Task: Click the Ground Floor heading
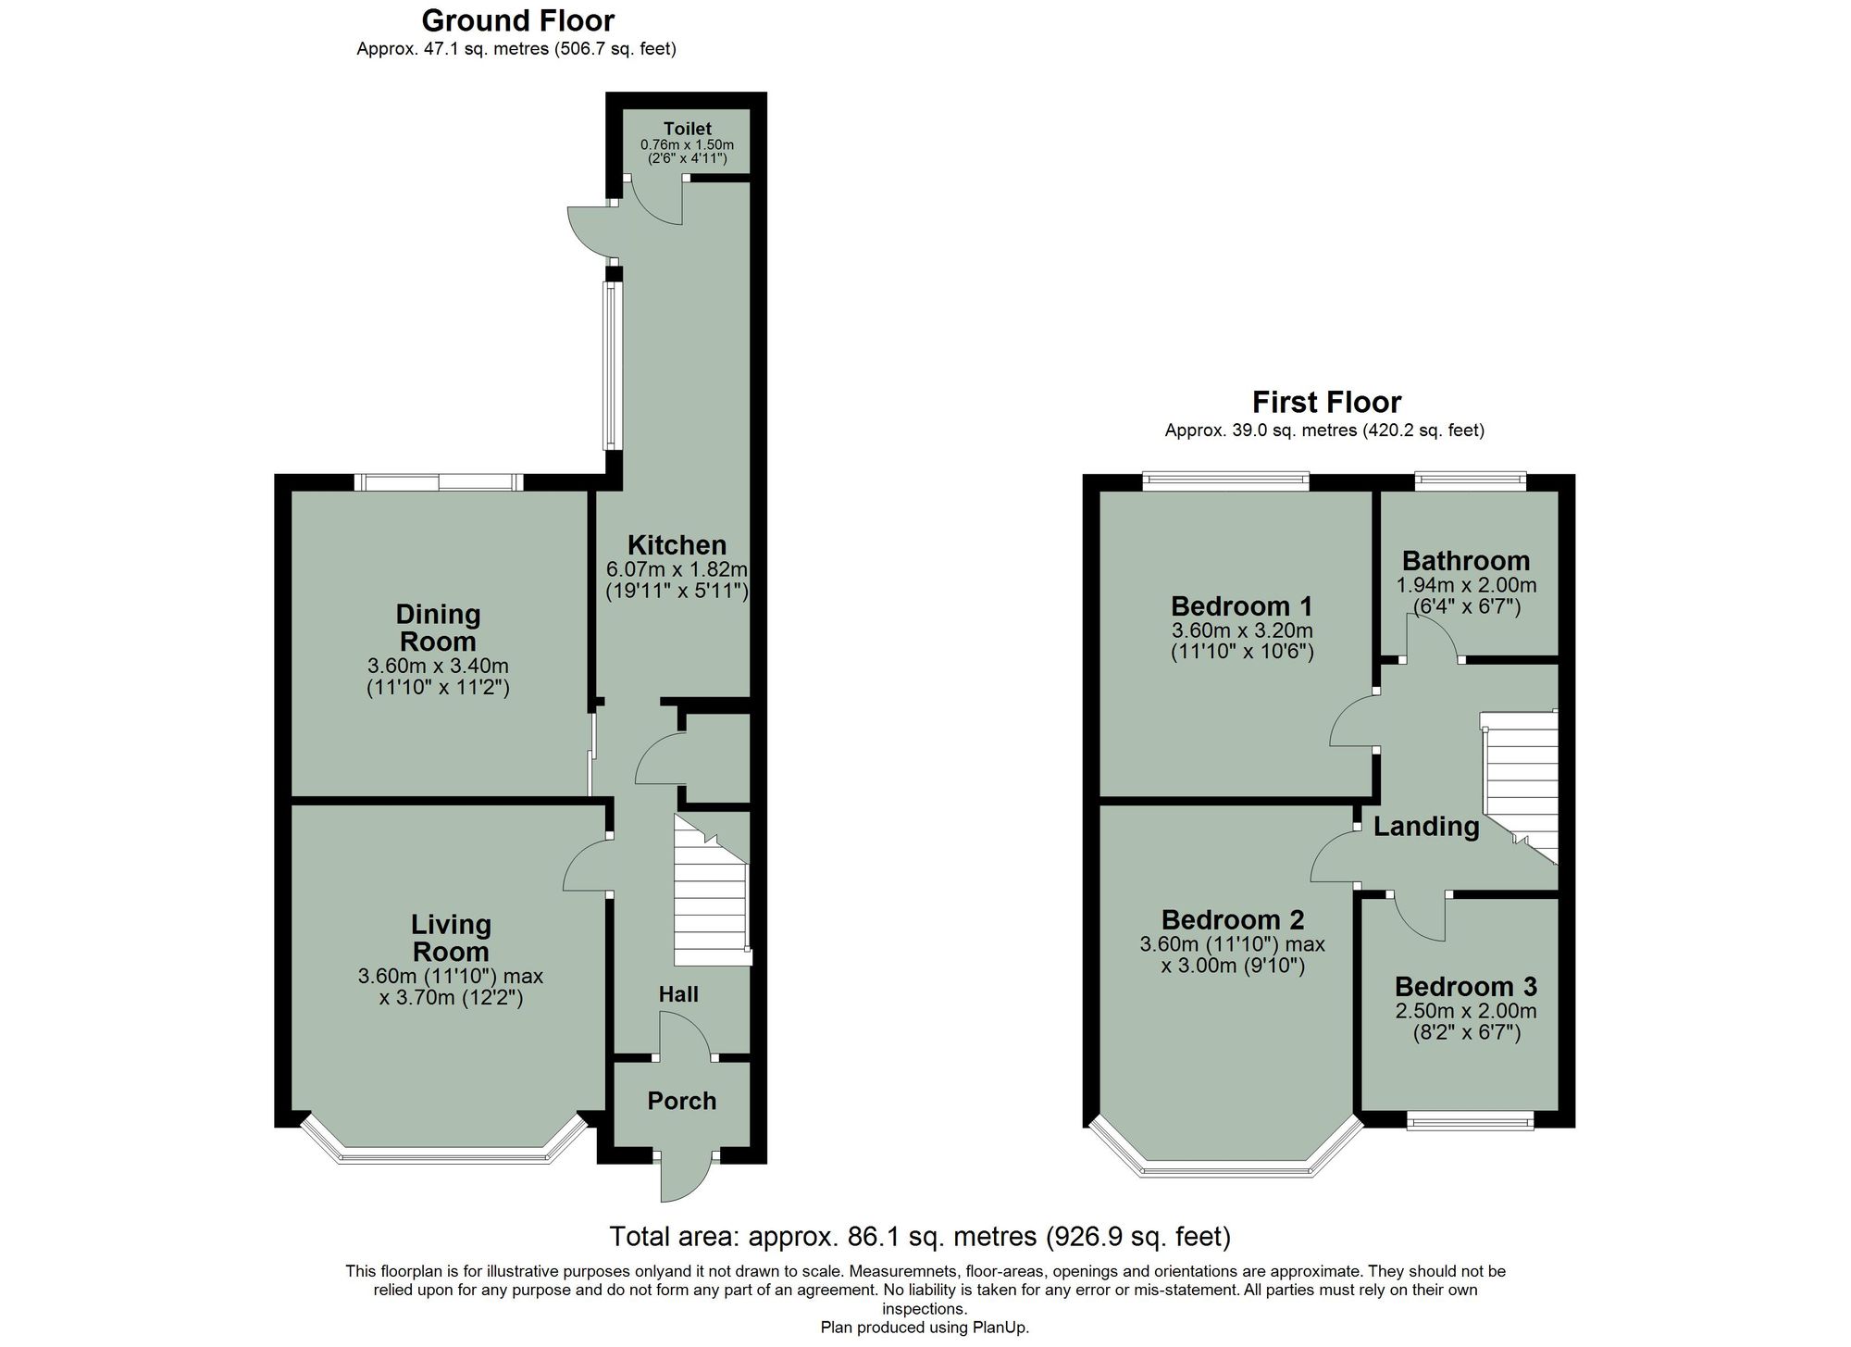tap(517, 20)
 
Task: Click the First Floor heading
tap(1325, 402)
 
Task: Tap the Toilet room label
tap(687, 129)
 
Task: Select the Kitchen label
tap(677, 545)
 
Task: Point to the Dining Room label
tap(438, 628)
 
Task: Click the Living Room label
tap(451, 938)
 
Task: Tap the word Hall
tap(678, 994)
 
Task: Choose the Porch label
tap(681, 1101)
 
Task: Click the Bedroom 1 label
tap(1241, 606)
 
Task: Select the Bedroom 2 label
tap(1232, 919)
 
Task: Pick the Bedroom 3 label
tap(1465, 986)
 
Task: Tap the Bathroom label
tap(1465, 561)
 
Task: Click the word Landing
tap(1425, 826)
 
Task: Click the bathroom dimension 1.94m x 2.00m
tap(1465, 585)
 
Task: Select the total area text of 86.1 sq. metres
tap(919, 1236)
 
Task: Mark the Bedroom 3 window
tap(1470, 1120)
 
